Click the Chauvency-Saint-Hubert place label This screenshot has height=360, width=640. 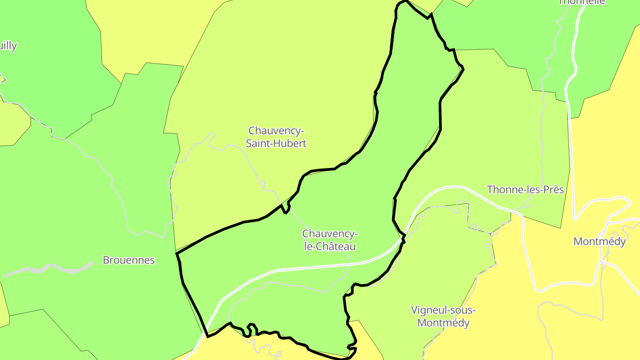277,137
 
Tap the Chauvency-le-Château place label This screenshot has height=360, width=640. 329,240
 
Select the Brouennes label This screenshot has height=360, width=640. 128,260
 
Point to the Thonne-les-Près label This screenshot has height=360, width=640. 525,190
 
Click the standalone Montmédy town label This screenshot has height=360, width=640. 600,241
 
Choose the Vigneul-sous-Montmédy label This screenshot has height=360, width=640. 443,316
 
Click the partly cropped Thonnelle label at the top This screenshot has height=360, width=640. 581,2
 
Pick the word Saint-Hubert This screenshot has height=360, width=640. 277,144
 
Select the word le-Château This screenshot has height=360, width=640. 330,246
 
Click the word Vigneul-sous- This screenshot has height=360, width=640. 443,310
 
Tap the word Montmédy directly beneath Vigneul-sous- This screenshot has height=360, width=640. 443,323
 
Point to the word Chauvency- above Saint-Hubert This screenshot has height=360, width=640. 276,131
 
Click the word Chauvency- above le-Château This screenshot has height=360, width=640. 330,234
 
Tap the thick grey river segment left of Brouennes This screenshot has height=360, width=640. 49,268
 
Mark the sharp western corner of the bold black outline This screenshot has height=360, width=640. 177,254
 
